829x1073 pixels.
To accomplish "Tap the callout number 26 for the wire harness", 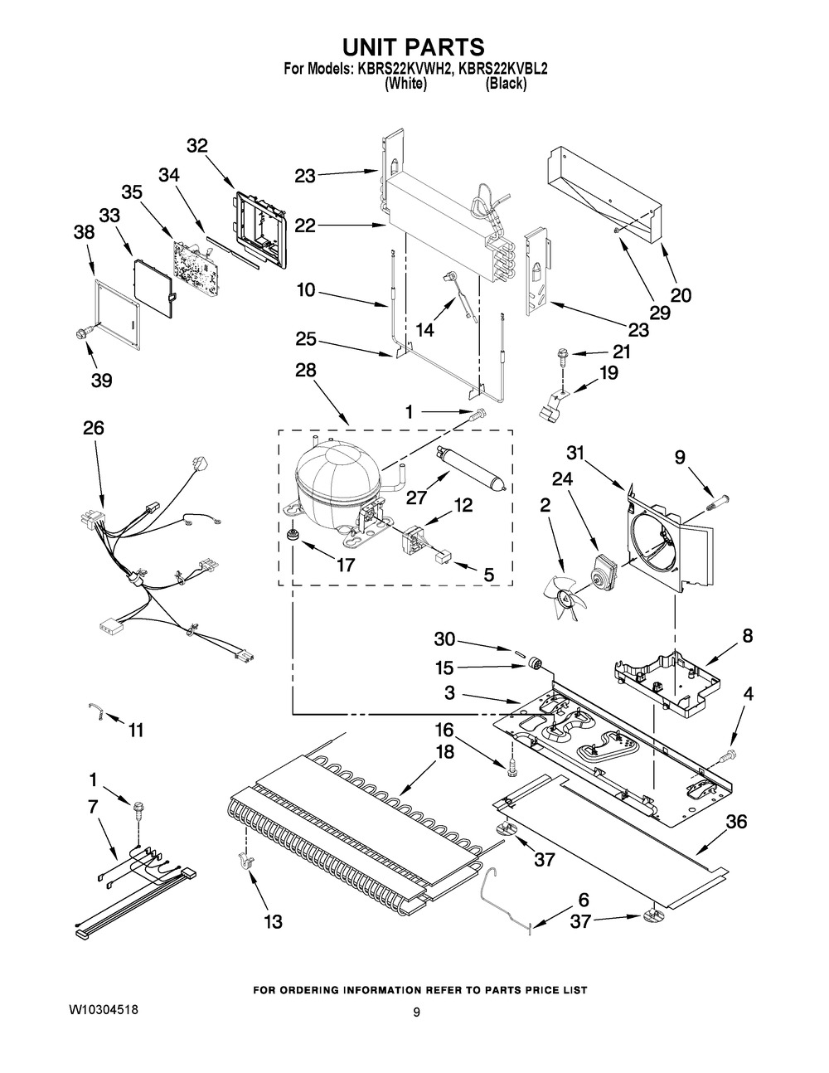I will pyautogui.click(x=94, y=429).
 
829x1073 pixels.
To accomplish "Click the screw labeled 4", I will pyautogui.click(x=729, y=755).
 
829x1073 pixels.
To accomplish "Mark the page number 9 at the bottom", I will pyautogui.click(x=418, y=1012).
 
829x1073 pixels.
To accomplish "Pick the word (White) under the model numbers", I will pyautogui.click(x=406, y=84).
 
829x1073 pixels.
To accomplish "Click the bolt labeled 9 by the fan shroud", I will pyautogui.click(x=719, y=503).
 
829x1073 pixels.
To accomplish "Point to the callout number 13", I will pyautogui.click(x=273, y=920).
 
